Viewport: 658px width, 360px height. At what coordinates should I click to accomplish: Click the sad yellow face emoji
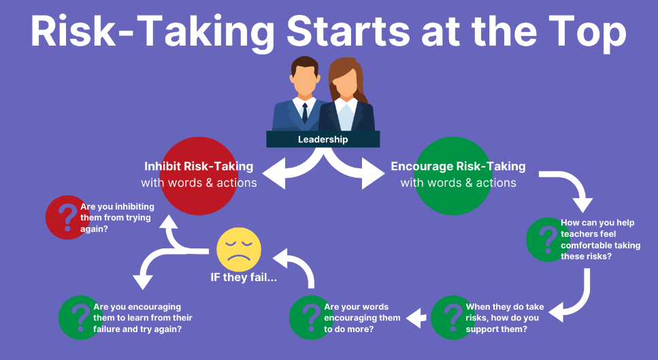[x=239, y=249]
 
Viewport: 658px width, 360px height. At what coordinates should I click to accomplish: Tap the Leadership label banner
[x=323, y=139]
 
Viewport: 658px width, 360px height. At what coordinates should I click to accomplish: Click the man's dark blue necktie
[x=305, y=112]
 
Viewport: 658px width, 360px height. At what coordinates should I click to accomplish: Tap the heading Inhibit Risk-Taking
[x=199, y=166]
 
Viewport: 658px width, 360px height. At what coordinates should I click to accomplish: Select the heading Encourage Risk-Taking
[x=458, y=166]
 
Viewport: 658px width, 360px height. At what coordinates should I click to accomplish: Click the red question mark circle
[x=67, y=217]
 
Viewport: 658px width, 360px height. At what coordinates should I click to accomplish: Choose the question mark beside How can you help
[x=548, y=240]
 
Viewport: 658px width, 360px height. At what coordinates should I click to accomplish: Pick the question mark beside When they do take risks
[x=453, y=318]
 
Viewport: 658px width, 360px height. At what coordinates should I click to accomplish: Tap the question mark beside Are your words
[x=312, y=318]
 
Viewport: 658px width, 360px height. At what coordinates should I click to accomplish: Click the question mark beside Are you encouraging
[x=80, y=318]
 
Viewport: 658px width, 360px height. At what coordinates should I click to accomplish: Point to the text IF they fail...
[x=244, y=278]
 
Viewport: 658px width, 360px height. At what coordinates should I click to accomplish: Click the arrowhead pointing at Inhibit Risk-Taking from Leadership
[x=274, y=174]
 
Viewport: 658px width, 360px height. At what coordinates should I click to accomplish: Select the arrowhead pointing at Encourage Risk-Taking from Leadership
[x=373, y=174]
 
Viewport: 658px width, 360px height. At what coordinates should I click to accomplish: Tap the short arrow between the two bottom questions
[x=416, y=318]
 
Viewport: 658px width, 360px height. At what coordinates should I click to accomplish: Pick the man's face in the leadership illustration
[x=303, y=81]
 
